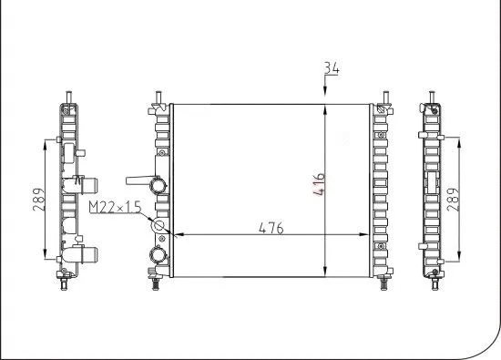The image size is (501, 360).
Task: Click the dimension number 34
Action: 331,67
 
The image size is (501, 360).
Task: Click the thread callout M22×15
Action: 115,208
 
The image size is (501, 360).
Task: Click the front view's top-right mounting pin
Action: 385,97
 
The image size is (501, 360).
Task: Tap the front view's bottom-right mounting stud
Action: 383,283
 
